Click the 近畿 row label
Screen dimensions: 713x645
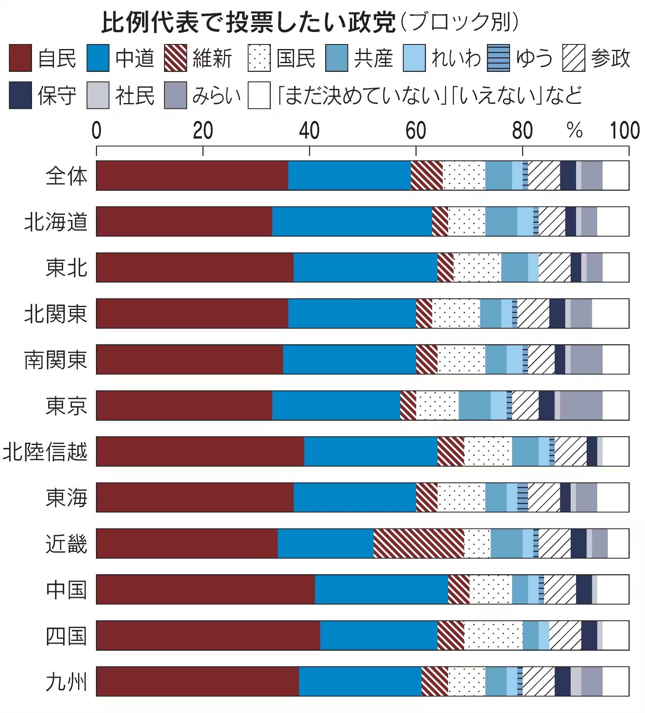pyautogui.click(x=66, y=543)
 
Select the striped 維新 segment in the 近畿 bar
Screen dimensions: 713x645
pyautogui.click(x=418, y=543)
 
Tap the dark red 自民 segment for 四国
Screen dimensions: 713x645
pyautogui.click(x=208, y=635)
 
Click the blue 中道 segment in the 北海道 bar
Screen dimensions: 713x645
pyautogui.click(x=352, y=221)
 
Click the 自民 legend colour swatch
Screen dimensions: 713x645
pyautogui.click(x=20, y=58)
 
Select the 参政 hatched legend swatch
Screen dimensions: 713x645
pyautogui.click(x=574, y=58)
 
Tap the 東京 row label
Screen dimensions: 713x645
pyautogui.click(x=66, y=406)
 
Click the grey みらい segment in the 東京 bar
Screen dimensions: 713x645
pyautogui.click(x=581, y=406)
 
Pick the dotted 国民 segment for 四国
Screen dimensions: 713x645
pyautogui.click(x=493, y=635)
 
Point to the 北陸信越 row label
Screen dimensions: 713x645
pyautogui.click(x=45, y=452)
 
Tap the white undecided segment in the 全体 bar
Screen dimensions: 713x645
pyautogui.click(x=616, y=176)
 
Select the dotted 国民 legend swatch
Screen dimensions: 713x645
pyautogui.click(x=259, y=58)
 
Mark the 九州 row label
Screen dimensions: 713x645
pyautogui.click(x=66, y=681)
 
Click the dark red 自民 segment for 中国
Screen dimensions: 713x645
pyautogui.click(x=205, y=589)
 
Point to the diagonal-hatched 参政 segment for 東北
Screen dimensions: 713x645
pyautogui.click(x=554, y=268)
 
